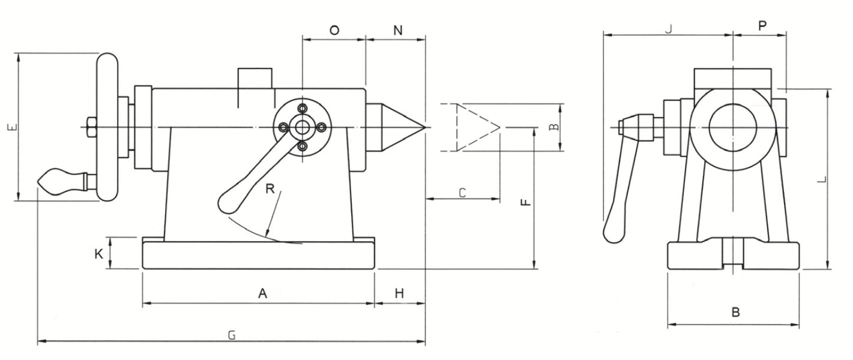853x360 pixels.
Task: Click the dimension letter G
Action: point(232,335)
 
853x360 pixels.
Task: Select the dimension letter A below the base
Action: point(262,293)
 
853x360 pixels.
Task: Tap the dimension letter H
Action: point(399,293)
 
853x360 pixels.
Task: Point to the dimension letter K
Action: point(98,254)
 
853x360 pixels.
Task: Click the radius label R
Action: point(270,188)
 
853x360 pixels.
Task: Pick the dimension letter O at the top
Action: point(334,30)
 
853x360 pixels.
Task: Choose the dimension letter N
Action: point(398,30)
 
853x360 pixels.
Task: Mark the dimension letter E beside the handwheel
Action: point(12,127)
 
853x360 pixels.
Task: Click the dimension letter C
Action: point(462,193)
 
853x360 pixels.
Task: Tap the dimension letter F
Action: point(525,202)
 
